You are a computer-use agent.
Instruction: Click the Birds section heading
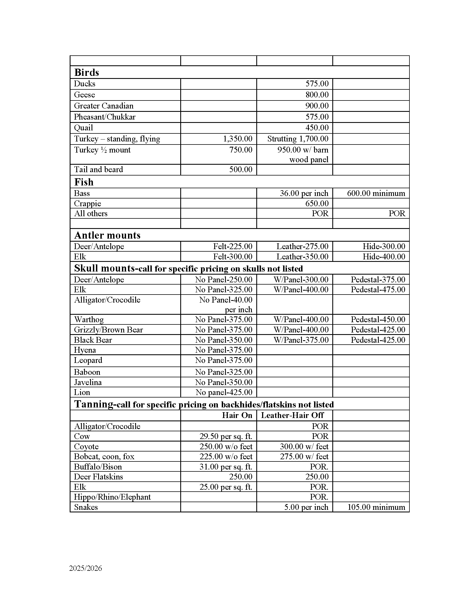click(87, 73)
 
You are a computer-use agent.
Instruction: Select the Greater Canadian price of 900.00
click(317, 106)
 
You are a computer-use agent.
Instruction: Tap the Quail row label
click(83, 128)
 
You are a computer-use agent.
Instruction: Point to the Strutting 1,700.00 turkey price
click(298, 139)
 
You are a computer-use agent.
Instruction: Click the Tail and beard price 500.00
click(241, 169)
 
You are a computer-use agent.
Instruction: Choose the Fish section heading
click(84, 182)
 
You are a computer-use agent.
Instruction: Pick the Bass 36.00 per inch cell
click(304, 193)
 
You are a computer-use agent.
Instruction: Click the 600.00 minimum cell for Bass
click(376, 193)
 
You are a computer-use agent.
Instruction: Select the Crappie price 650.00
click(317, 203)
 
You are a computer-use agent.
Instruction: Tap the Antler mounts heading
click(108, 235)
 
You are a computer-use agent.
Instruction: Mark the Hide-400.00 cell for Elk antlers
click(384, 257)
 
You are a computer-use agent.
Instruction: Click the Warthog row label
click(89, 319)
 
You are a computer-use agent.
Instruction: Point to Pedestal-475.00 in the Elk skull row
click(378, 290)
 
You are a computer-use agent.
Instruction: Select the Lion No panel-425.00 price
click(224, 392)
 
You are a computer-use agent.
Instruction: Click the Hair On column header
click(237, 415)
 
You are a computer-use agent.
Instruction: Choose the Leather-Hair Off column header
click(292, 415)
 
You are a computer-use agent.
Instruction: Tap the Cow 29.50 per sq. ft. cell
click(226, 436)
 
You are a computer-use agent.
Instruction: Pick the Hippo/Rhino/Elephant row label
click(112, 497)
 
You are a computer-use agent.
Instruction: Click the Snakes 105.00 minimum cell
click(376, 507)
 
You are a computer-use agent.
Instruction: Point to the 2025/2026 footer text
click(86, 568)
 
